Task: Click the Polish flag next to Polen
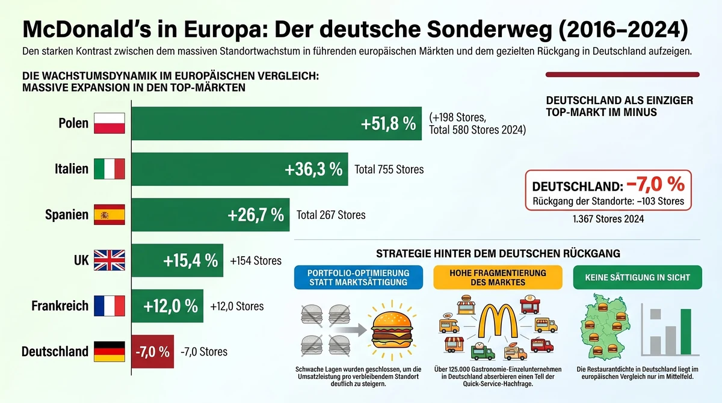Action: pyautogui.click(x=110, y=123)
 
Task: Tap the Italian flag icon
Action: pyautogui.click(x=110, y=169)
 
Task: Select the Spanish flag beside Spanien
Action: pyautogui.click(x=110, y=215)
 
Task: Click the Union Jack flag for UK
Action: pyautogui.click(x=110, y=260)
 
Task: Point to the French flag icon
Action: pyautogui.click(x=110, y=306)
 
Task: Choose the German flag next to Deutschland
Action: pyautogui.click(x=110, y=351)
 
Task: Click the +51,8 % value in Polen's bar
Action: pyautogui.click(x=388, y=124)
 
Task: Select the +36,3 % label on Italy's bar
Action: pyautogui.click(x=313, y=170)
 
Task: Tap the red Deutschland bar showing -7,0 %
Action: pyautogui.click(x=152, y=352)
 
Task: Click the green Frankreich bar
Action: pyautogui.click(x=167, y=306)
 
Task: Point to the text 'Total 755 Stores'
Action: pyautogui.click(x=389, y=170)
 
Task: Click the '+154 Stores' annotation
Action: pyautogui.click(x=256, y=261)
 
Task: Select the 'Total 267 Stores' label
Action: pyautogui.click(x=331, y=215)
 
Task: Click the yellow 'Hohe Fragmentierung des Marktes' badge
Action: pyautogui.click(x=498, y=277)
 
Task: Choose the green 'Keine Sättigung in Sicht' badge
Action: pyautogui.click(x=637, y=277)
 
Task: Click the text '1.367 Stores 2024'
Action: pyautogui.click(x=608, y=220)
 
